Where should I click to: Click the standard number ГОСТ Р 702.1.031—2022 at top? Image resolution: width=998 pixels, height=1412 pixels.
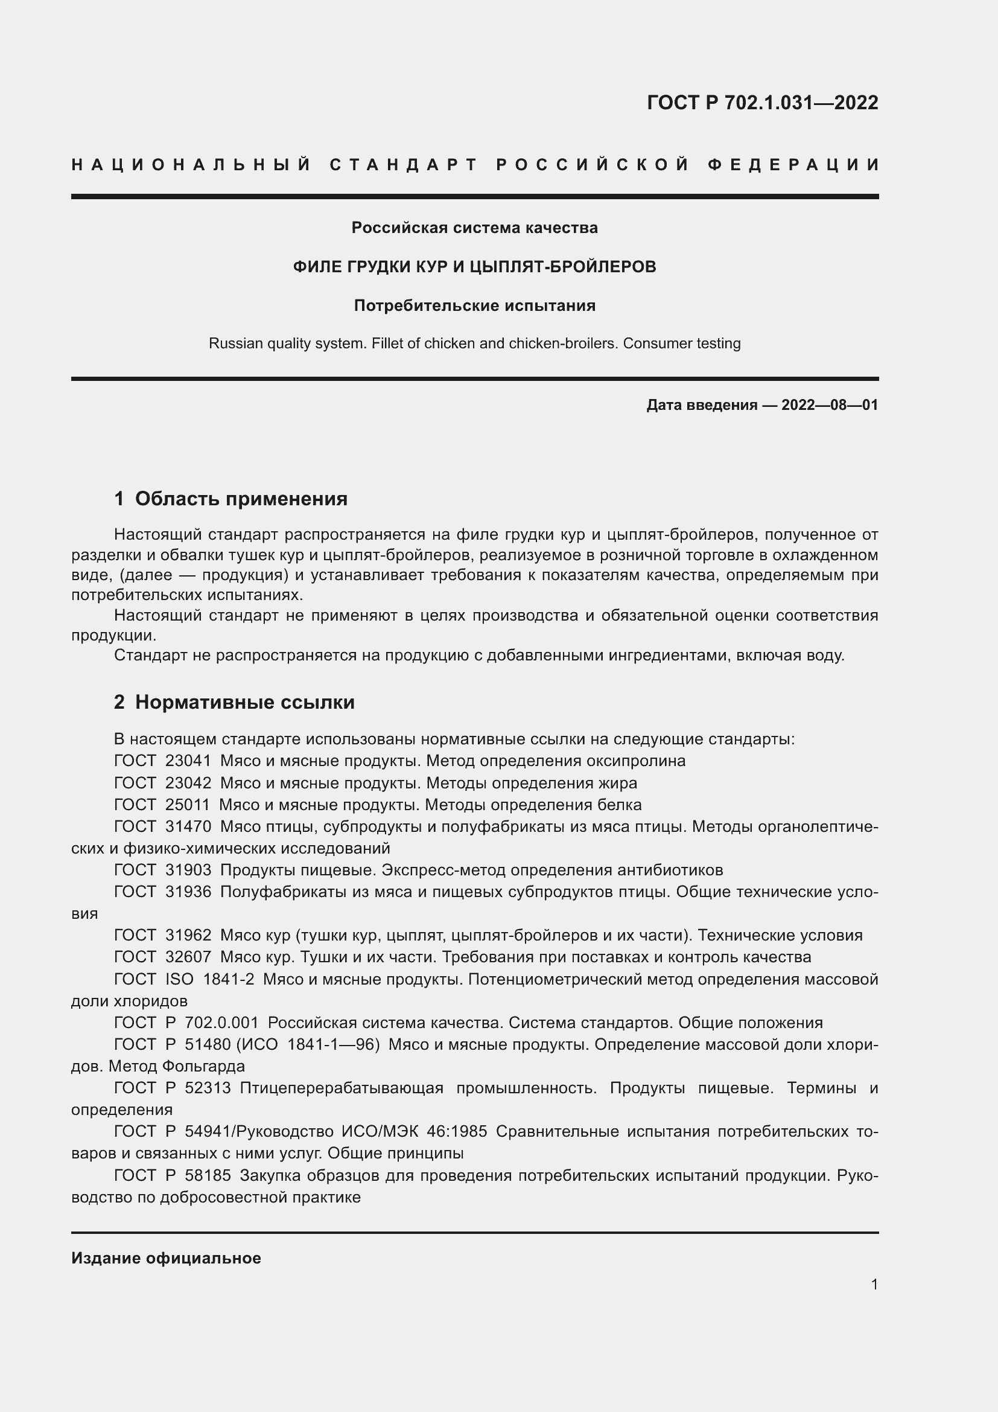point(762,102)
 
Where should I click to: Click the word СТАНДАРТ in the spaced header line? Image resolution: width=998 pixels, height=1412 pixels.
point(404,165)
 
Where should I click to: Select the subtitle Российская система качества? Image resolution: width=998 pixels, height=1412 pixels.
point(474,228)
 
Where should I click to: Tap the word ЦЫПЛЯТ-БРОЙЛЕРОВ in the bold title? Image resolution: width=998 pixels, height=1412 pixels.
point(562,267)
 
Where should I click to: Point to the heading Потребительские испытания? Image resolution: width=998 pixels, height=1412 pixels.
point(474,305)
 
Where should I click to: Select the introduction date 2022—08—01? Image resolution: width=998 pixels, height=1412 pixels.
point(830,404)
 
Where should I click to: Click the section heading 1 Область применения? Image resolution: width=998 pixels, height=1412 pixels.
point(231,498)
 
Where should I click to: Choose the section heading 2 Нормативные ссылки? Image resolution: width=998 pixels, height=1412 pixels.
point(234,701)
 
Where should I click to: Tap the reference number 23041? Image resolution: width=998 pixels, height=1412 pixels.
point(188,761)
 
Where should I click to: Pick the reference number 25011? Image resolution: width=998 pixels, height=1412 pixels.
point(188,804)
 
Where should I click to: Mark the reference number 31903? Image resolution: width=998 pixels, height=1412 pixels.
point(188,869)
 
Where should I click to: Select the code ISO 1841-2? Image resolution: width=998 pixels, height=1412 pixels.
point(209,979)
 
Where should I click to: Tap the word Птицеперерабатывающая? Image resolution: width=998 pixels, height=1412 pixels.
point(342,1088)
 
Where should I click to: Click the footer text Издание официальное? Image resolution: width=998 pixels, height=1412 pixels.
point(166,1258)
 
